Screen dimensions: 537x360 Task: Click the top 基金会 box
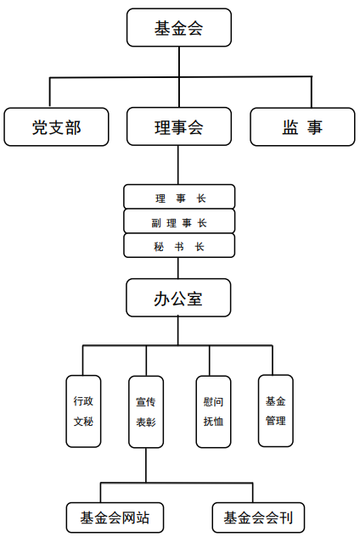click(179, 28)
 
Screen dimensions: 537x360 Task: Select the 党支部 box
click(56, 127)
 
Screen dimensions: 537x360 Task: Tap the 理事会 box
click(179, 127)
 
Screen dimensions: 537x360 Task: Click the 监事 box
click(302, 127)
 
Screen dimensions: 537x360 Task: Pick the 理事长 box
click(179, 198)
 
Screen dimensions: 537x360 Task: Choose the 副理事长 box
click(179, 222)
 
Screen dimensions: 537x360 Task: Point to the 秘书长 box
click(179, 247)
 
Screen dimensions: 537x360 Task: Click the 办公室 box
click(179, 299)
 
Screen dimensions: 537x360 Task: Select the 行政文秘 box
click(83, 411)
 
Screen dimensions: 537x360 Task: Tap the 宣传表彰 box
click(145, 411)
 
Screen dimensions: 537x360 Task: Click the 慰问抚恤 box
click(213, 411)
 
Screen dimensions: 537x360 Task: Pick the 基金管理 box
click(275, 411)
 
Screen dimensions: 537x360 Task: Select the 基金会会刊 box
click(257, 517)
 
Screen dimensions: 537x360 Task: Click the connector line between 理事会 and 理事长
click(178, 165)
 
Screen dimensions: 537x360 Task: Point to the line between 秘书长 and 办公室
click(178, 269)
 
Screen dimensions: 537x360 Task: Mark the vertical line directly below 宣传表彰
click(145, 465)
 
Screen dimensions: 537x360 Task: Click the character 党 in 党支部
click(39, 127)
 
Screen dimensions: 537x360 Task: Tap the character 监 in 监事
click(290, 127)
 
